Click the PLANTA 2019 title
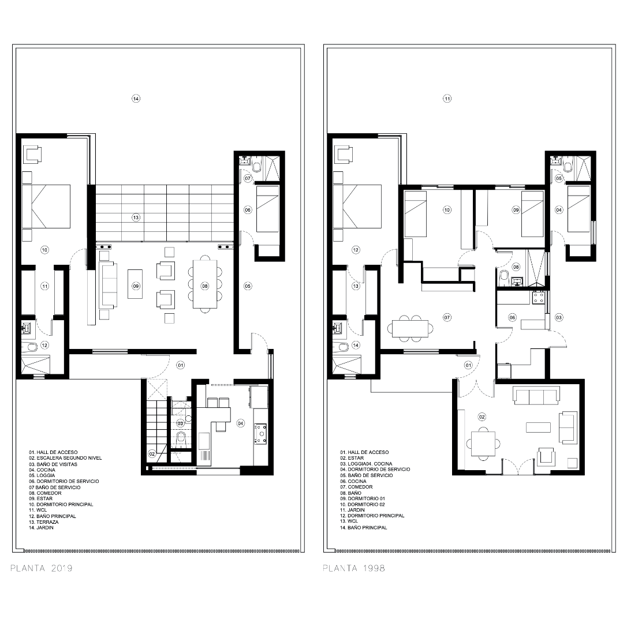[42, 568]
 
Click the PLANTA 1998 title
[354, 568]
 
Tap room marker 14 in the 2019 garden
[136, 98]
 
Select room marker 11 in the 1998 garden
[447, 98]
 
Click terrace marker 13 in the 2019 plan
[136, 217]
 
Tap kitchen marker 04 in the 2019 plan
[240, 423]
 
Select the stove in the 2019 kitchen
[260, 434]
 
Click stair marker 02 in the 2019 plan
[152, 454]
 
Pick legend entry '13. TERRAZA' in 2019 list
[43, 522]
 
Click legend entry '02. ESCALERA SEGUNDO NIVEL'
[65, 458]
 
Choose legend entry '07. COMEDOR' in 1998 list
[356, 487]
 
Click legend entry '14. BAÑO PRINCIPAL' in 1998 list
[364, 527]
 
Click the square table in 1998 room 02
[483, 444]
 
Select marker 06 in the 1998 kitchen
[512, 318]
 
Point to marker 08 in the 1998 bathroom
[516, 267]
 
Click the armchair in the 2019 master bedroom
[33, 154]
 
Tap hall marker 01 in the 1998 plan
[468, 365]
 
